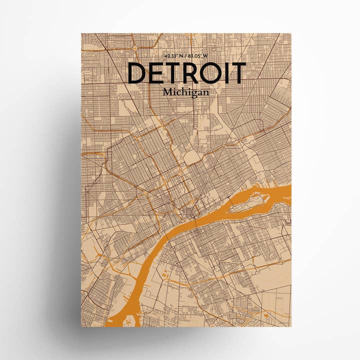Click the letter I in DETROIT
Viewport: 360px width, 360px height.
click(229, 73)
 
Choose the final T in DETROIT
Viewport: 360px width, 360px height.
click(239, 73)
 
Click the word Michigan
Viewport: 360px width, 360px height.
click(185, 92)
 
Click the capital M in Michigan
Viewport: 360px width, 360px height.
click(167, 92)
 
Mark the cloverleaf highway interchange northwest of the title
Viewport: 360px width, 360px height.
click(135, 47)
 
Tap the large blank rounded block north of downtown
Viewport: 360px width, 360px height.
click(192, 157)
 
